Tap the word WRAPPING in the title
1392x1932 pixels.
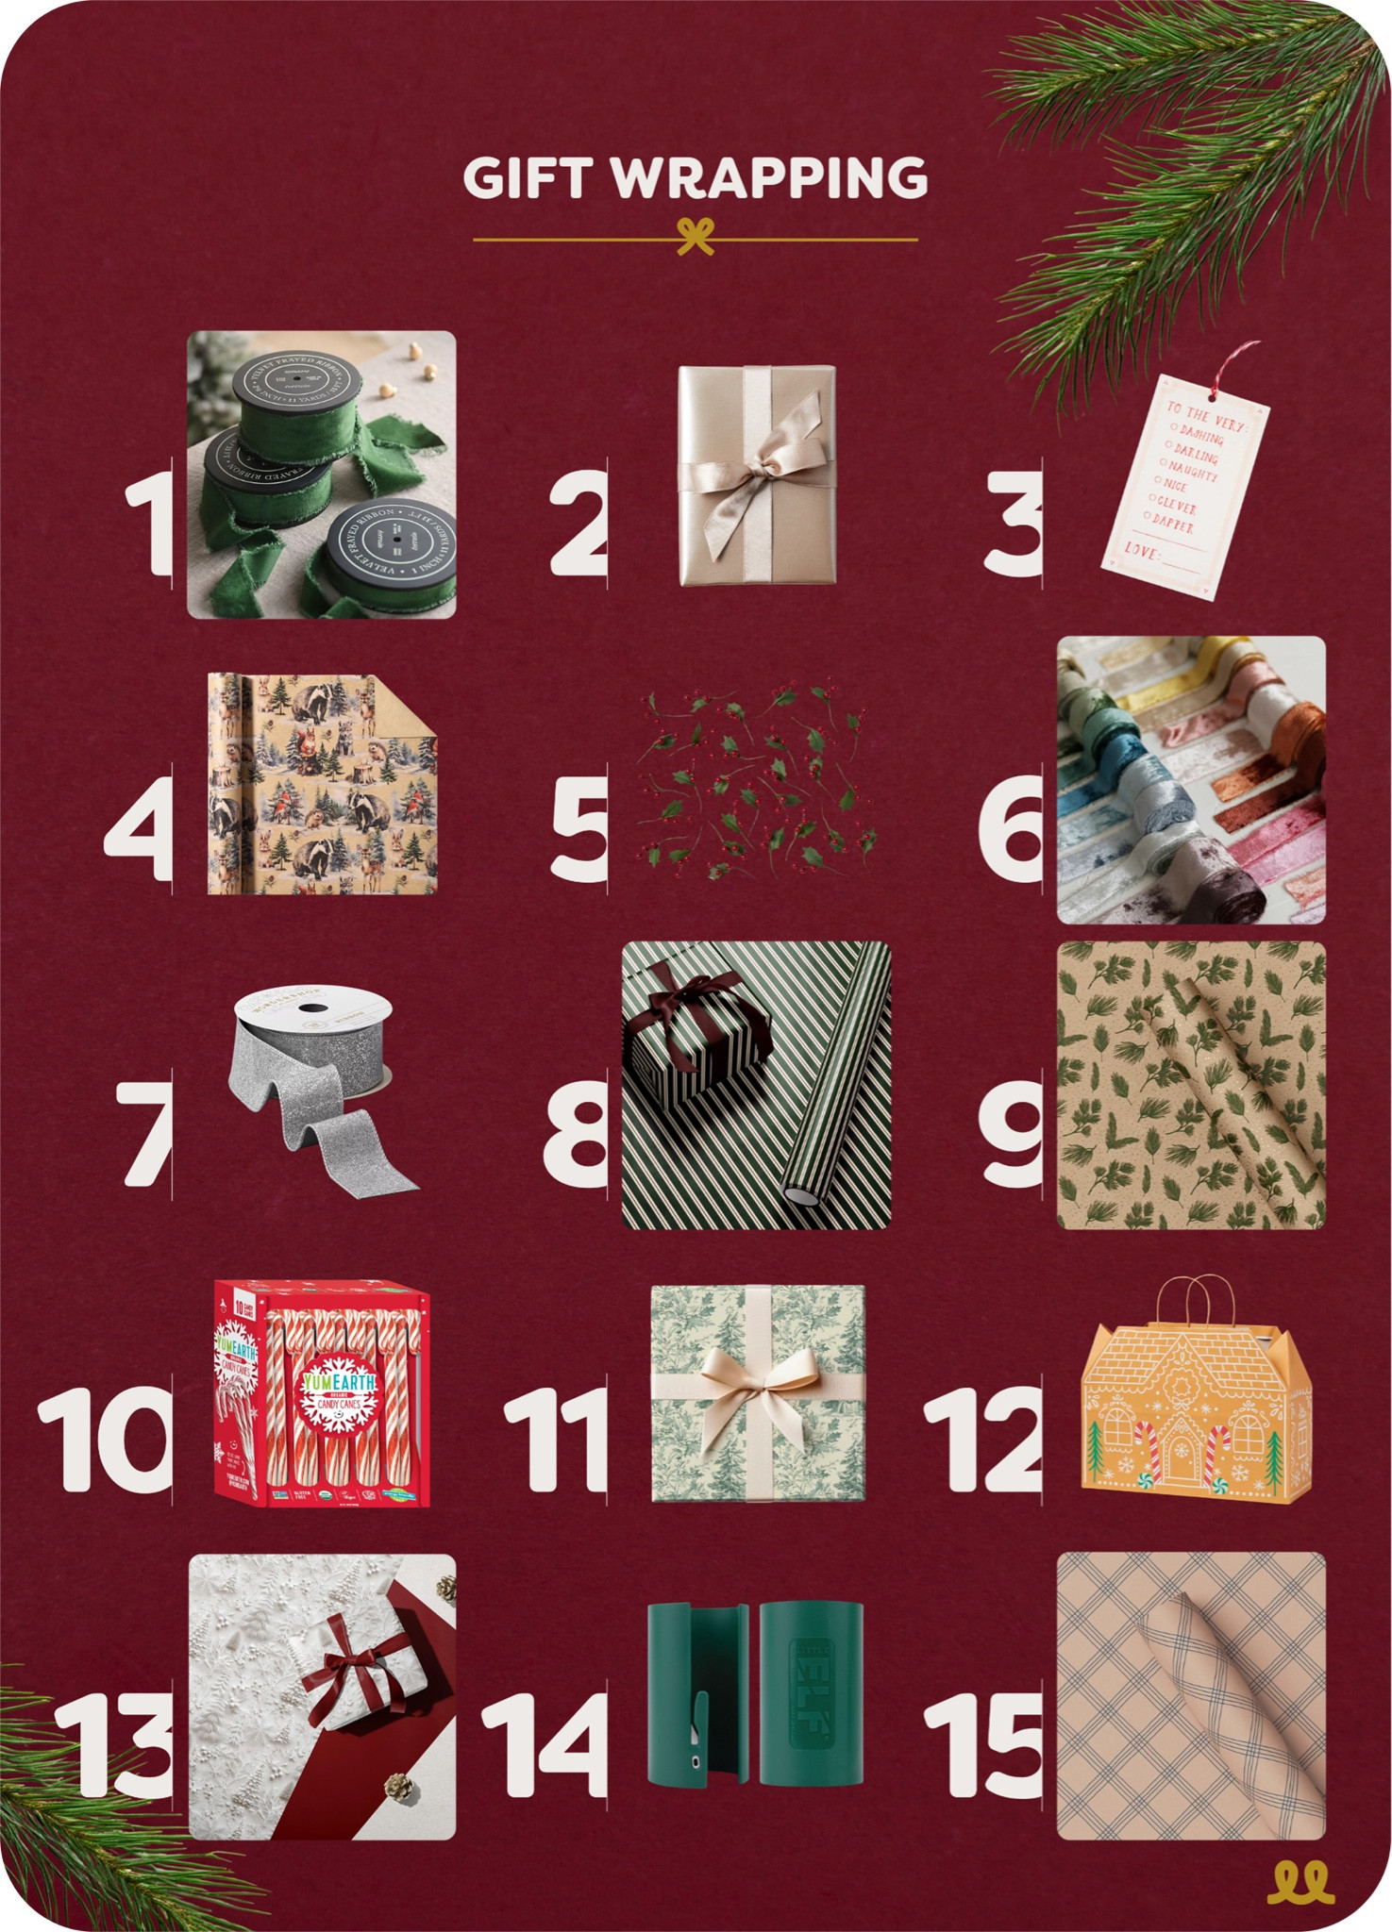coord(770,177)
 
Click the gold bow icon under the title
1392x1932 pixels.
coord(696,237)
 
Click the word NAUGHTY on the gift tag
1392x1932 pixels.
coord(1193,469)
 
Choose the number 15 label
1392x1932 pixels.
coord(984,1744)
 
